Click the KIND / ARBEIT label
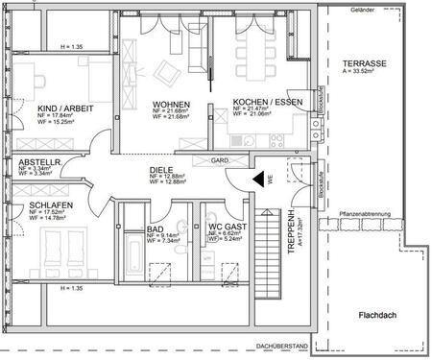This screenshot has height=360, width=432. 65,109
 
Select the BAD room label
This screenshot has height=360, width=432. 156,229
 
